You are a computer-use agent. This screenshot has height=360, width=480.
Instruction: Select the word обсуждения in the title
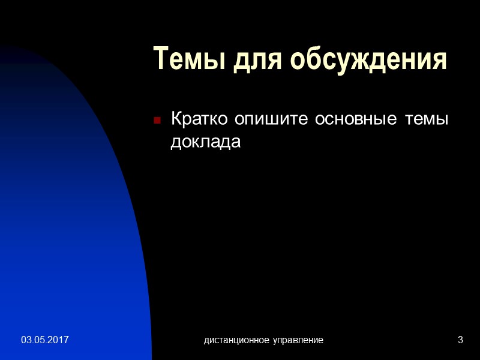click(x=370, y=59)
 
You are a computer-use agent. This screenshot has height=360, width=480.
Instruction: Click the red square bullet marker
click(x=157, y=120)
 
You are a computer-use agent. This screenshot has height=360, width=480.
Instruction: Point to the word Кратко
click(x=199, y=119)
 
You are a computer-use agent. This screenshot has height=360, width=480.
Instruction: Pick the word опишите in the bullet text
click(x=265, y=119)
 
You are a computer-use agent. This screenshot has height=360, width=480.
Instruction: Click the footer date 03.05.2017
click(x=45, y=340)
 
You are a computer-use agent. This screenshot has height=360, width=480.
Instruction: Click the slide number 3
click(x=460, y=340)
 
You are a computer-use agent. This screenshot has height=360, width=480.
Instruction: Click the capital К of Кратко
click(x=177, y=119)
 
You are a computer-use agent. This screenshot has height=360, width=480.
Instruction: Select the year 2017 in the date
click(x=59, y=340)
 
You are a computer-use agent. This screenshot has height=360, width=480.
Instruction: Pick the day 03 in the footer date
click(x=26, y=340)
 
